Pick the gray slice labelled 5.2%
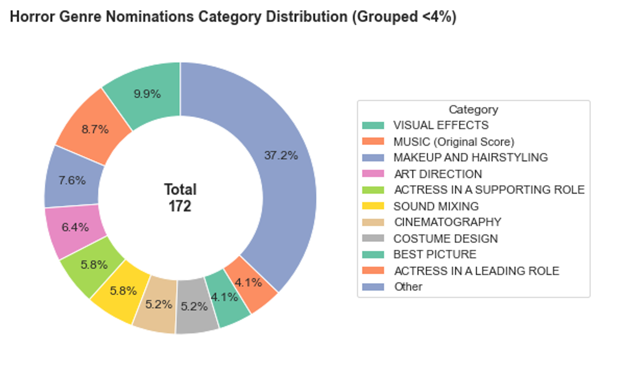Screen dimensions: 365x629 tap(195, 307)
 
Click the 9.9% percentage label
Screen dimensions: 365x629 tap(147, 94)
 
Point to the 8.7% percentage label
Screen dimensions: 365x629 tap(95, 129)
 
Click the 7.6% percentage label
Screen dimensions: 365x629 tap(72, 180)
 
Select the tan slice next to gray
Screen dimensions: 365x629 tap(157, 305)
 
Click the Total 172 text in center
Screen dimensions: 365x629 tap(180, 198)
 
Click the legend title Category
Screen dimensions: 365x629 tap(473, 110)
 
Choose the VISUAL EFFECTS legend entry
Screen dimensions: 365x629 tap(441, 125)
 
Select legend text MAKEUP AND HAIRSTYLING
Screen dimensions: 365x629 tap(470, 157)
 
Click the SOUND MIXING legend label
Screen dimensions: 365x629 tap(436, 206)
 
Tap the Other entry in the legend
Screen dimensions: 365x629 tap(408, 287)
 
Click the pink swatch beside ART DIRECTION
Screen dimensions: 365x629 tap(373, 174)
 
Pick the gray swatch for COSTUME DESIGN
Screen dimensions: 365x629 tap(373, 238)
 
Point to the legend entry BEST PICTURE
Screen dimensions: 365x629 tap(434, 254)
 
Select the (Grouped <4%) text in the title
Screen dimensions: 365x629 tap(404, 17)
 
